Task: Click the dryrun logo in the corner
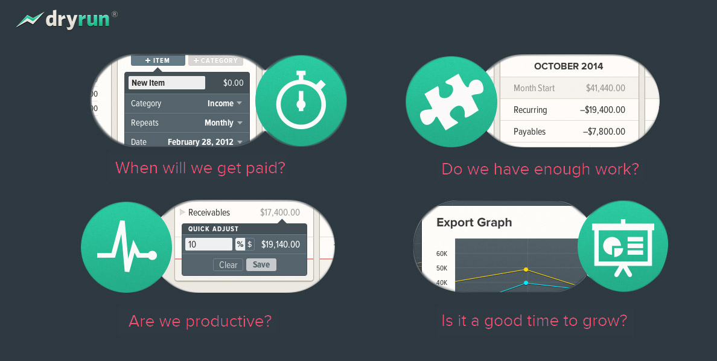coord(66,20)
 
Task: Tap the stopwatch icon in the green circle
coord(301,101)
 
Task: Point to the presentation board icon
coord(622,246)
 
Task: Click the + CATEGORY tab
coord(215,60)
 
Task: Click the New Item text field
coord(167,83)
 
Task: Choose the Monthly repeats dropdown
coord(223,123)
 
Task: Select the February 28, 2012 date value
coord(205,142)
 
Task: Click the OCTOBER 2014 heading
coord(569,66)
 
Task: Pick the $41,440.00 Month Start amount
coord(605,88)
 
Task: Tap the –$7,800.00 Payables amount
coord(604,132)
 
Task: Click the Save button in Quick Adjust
coord(261,264)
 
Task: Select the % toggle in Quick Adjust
coord(240,244)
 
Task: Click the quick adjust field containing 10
coord(208,244)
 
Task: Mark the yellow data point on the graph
coord(526,269)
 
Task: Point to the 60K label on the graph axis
coord(441,254)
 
